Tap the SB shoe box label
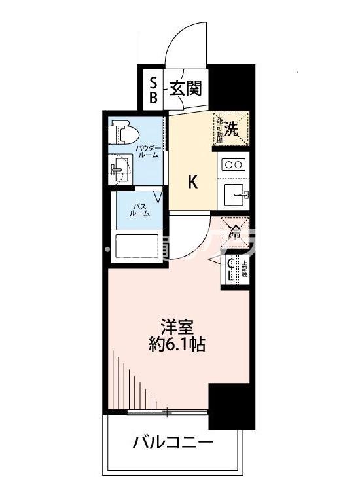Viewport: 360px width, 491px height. click(x=153, y=90)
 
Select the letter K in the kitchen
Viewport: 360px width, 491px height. click(x=193, y=182)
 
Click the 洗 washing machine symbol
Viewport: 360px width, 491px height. click(x=231, y=126)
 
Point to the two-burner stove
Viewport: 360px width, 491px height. click(x=232, y=164)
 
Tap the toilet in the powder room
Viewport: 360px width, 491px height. click(x=125, y=134)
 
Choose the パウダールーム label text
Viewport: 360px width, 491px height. click(x=146, y=153)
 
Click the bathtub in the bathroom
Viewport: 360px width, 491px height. click(x=137, y=247)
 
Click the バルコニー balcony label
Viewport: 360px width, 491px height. click(x=173, y=443)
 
